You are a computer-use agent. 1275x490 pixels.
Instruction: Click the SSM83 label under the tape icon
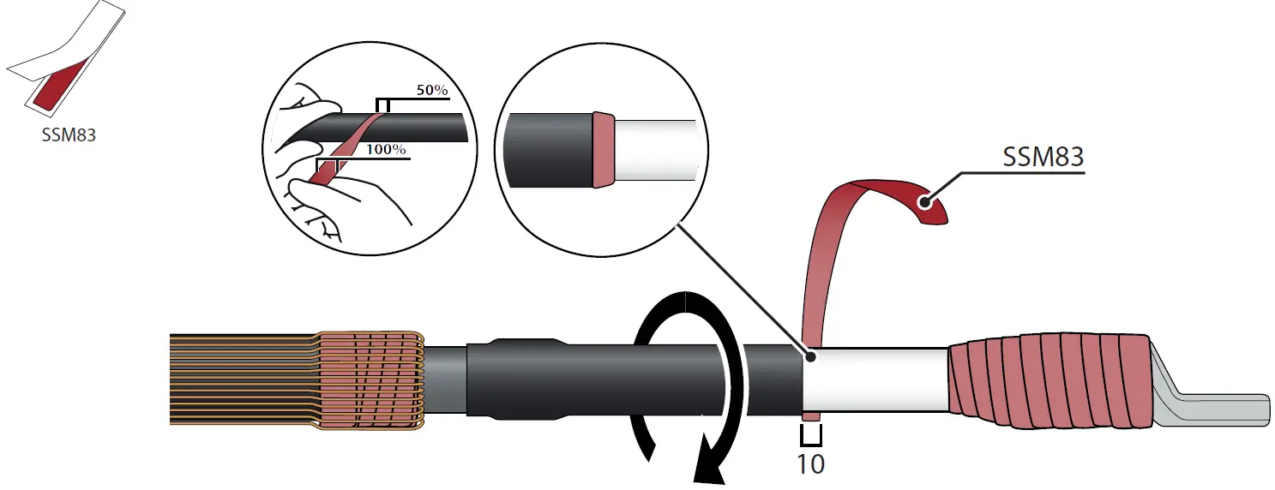69,134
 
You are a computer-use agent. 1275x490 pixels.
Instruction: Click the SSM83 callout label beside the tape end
1043,157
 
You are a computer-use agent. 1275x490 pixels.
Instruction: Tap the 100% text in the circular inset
386,149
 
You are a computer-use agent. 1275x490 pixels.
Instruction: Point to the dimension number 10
810,464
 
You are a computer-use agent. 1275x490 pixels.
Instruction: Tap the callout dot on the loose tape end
925,203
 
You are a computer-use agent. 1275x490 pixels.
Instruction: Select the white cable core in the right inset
656,150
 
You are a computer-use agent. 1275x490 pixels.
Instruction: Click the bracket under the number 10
811,439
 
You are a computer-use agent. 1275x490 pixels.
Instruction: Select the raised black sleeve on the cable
514,380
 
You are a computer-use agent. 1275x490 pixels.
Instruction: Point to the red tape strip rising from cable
819,257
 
